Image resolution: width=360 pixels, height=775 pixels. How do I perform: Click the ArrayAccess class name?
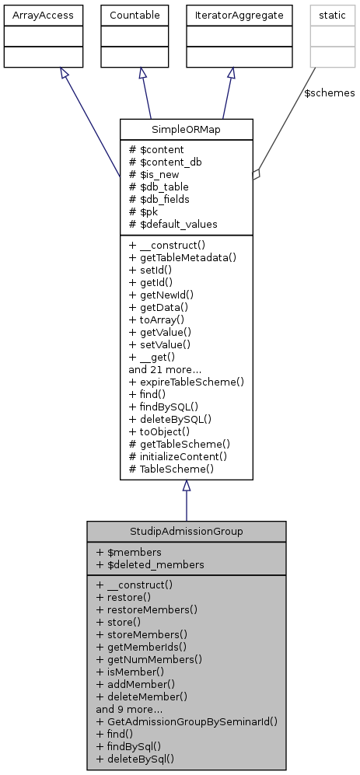point(33,14)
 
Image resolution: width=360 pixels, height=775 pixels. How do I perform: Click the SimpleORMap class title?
point(186,129)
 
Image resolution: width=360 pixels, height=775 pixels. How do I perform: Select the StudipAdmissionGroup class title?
point(186,531)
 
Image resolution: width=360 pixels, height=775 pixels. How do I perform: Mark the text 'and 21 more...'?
point(165,369)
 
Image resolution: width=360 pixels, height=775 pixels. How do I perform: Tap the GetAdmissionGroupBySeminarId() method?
point(187,721)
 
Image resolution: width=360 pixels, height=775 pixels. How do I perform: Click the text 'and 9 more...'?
point(128,708)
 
